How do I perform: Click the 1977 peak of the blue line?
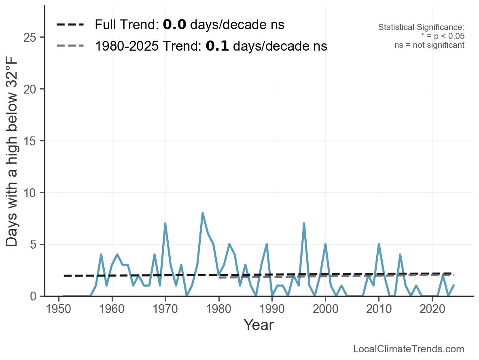(x=202, y=213)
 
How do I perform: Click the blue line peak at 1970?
(x=165, y=224)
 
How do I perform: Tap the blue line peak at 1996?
(x=304, y=224)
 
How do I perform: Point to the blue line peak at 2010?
(x=379, y=244)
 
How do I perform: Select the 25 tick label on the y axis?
(x=31, y=38)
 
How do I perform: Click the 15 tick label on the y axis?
(x=31, y=141)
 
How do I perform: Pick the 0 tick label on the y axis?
(x=35, y=296)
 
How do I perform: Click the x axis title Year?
(x=259, y=325)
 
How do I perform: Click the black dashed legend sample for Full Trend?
(x=70, y=25)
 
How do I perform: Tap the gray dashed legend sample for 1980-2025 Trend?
(x=70, y=46)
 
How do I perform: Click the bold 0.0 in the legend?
(x=174, y=25)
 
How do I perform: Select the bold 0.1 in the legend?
(x=217, y=46)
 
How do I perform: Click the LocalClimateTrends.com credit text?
(x=409, y=349)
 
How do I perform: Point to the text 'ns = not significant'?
(x=429, y=45)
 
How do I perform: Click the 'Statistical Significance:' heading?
(x=421, y=28)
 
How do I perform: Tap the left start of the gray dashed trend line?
(x=219, y=277)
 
